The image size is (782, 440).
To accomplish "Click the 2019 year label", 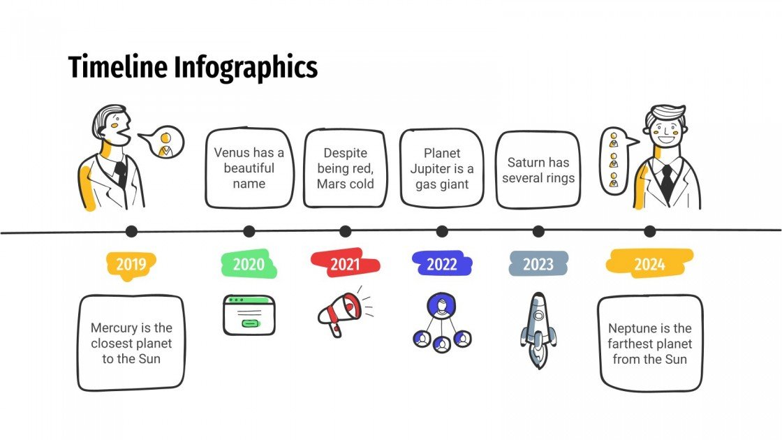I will point(131,264).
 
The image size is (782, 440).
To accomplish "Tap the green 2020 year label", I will point(249,264).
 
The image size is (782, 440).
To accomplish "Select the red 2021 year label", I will point(345,264).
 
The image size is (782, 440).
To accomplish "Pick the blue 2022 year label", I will point(441,264).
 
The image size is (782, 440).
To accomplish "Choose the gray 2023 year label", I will point(538,264).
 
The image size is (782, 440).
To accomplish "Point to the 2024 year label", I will point(649,264).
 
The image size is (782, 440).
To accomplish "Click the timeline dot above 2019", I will point(131,231).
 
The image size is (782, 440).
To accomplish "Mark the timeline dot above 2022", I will point(441,231).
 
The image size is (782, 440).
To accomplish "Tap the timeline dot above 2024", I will point(649,231).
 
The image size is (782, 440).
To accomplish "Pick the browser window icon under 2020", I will point(249,314).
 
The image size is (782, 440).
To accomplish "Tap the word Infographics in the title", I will point(246,68).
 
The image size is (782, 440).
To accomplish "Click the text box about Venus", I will point(249,168).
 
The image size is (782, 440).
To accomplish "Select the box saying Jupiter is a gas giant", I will point(441,168).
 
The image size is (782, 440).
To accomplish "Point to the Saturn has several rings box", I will point(538,170).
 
